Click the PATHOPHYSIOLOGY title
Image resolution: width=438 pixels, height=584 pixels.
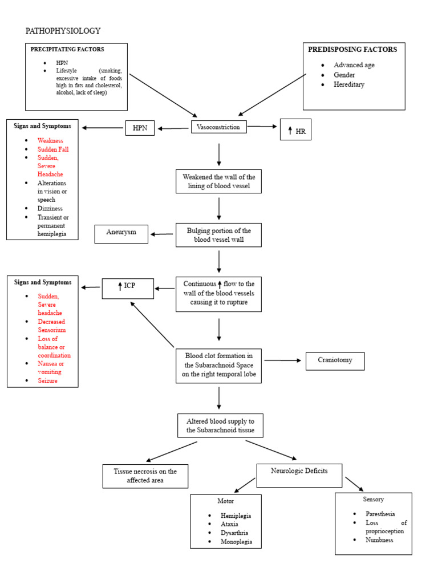(63, 31)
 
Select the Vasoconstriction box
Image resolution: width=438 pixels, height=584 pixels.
(218, 127)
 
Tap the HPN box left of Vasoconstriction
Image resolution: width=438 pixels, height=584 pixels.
(140, 128)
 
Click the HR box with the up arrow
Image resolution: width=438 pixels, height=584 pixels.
(295, 131)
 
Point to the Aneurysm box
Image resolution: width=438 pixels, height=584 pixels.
(121, 233)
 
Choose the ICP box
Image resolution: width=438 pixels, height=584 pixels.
(127, 288)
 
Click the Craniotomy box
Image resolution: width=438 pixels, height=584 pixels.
(335, 360)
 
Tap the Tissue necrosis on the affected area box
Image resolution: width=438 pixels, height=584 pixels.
(145, 476)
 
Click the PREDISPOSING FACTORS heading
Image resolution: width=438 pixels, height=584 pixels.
(352, 50)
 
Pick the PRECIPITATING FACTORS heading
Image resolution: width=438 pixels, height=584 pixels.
(67, 50)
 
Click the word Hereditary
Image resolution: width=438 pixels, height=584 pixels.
(349, 84)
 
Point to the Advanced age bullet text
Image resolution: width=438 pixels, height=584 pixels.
(354, 65)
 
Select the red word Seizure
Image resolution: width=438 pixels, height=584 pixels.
(48, 380)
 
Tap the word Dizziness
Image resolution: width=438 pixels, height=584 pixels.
(50, 208)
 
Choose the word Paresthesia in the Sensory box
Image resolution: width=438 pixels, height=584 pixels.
(380, 514)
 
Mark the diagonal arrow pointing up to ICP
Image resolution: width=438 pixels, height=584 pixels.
(152, 324)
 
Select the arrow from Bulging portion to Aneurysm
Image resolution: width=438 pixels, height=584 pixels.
(162, 234)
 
